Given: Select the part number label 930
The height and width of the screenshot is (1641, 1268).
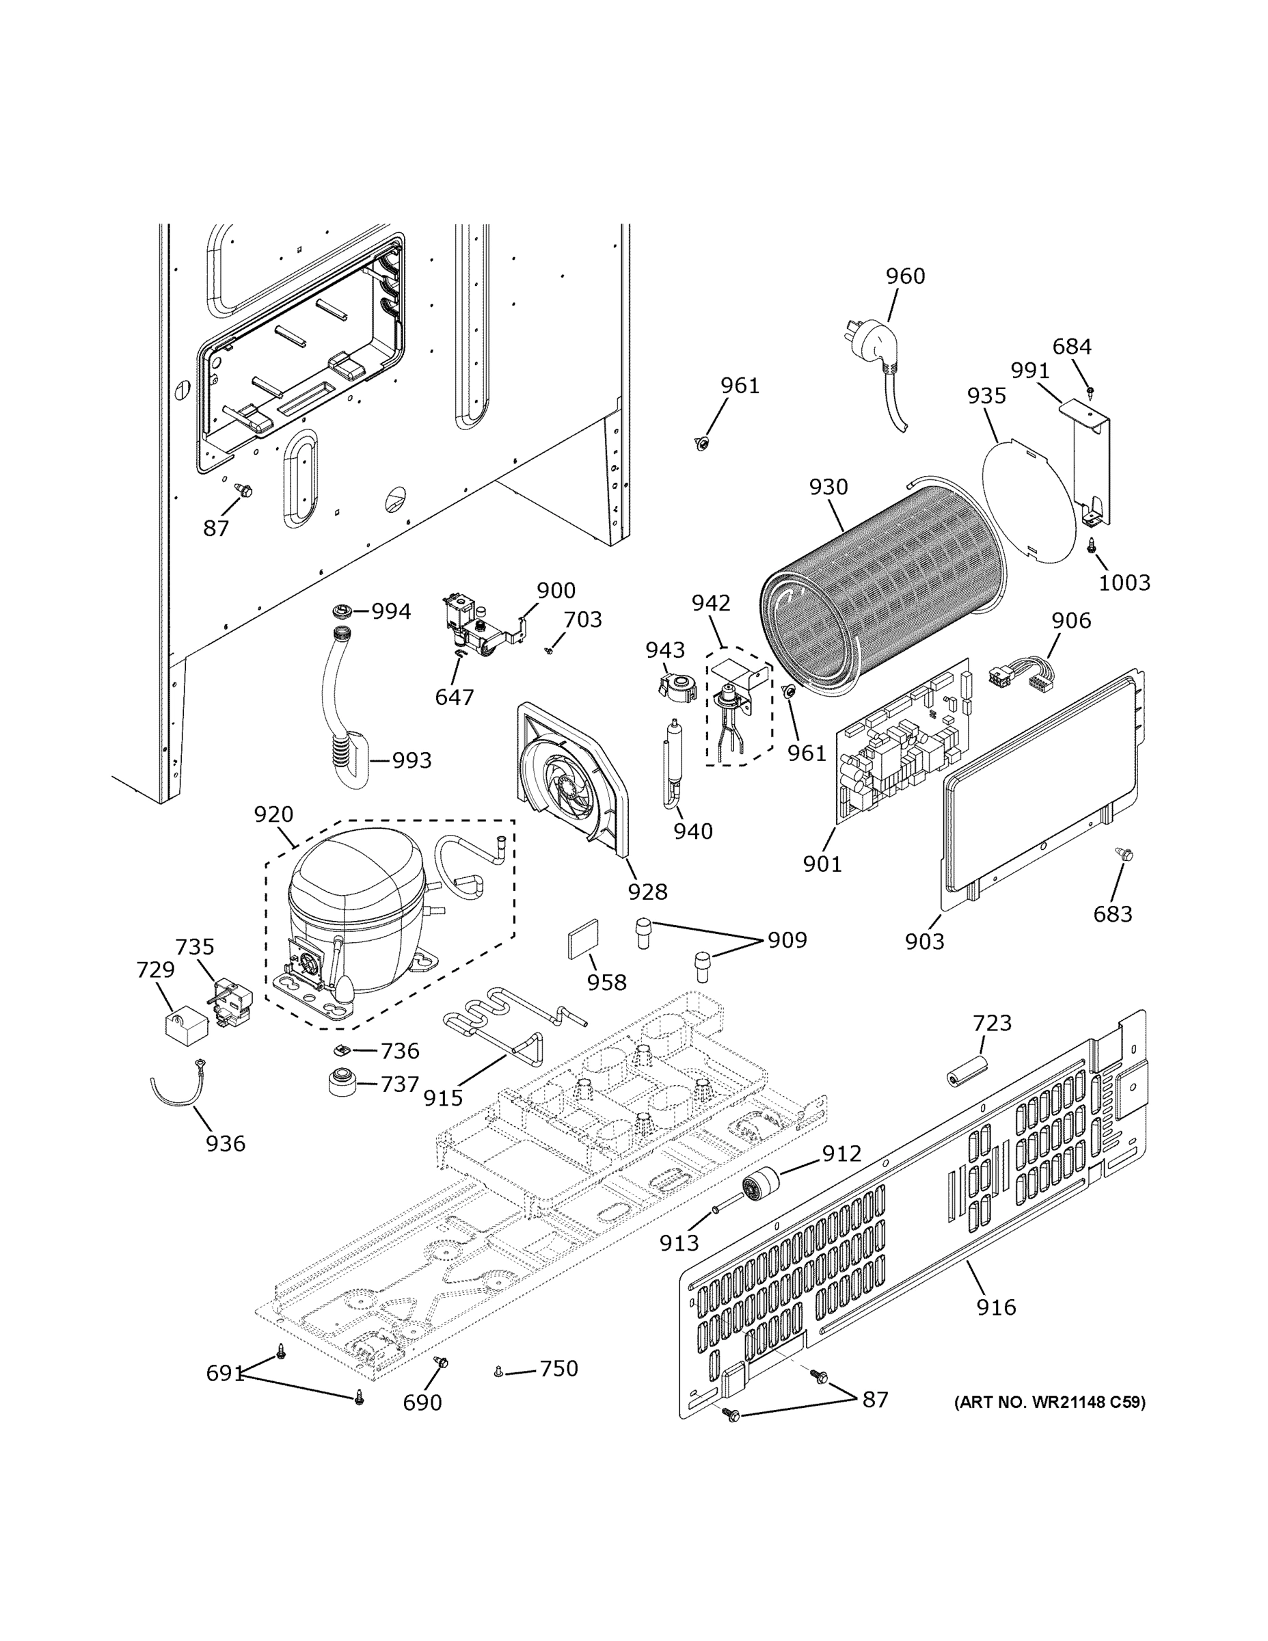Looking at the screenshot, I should click(828, 487).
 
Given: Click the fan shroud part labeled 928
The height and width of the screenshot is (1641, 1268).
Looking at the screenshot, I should click(571, 782).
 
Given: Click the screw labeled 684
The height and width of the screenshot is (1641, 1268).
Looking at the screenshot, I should click(1090, 390).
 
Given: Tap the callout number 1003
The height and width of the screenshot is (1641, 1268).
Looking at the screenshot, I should click(1124, 583).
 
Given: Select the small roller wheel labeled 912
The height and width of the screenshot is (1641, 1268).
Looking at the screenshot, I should click(759, 1186).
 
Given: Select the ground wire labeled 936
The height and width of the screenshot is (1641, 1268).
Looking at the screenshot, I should click(178, 1089).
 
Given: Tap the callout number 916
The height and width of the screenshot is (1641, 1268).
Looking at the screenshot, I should click(996, 1307).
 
